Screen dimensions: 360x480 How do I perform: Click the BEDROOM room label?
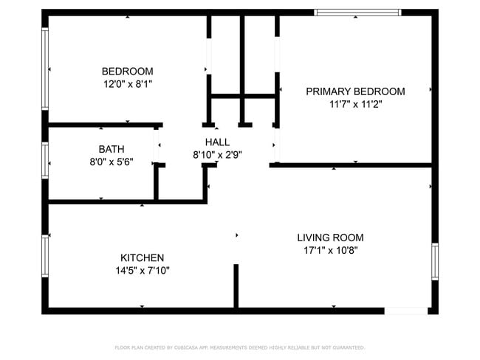[127, 71]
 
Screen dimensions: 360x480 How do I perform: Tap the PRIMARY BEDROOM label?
[355, 91]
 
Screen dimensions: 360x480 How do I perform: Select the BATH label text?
[111, 148]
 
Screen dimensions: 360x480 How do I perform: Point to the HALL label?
[217, 142]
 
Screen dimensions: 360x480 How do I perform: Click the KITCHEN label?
[142, 257]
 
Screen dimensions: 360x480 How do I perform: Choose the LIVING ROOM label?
[330, 238]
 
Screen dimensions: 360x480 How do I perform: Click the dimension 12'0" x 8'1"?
[127, 84]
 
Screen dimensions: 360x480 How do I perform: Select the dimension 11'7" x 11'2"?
[355, 105]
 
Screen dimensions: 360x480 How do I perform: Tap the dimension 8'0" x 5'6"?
[111, 162]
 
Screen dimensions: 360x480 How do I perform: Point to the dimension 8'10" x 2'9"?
[217, 155]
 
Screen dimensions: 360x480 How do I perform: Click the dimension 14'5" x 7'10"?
[142, 271]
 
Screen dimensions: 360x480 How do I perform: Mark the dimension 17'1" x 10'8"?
[330, 251]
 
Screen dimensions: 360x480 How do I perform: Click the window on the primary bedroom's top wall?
[357, 12]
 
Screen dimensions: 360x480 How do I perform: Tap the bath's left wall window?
[45, 160]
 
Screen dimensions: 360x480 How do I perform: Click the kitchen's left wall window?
[45, 255]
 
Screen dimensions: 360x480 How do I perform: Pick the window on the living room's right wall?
[435, 262]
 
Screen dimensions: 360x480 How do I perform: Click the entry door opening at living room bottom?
[405, 311]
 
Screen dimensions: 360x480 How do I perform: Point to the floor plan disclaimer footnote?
[239, 347]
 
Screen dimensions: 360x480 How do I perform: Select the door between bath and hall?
[157, 145]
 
